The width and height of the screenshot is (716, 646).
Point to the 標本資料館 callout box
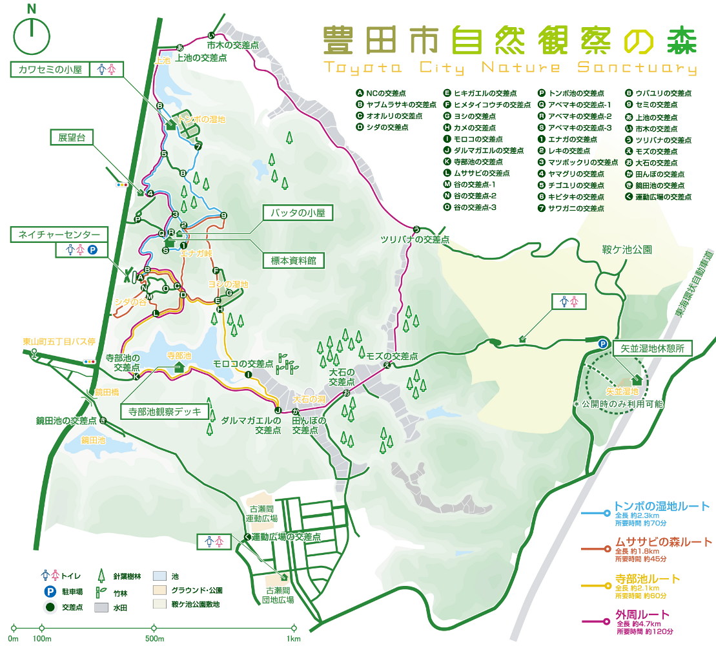coord(292,260)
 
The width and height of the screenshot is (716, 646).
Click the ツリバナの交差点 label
coord(414,240)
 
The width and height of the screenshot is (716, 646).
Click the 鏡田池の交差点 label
coord(66,421)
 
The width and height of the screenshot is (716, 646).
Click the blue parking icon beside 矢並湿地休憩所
coord(602,344)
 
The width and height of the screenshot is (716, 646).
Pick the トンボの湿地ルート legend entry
coord(662,506)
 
